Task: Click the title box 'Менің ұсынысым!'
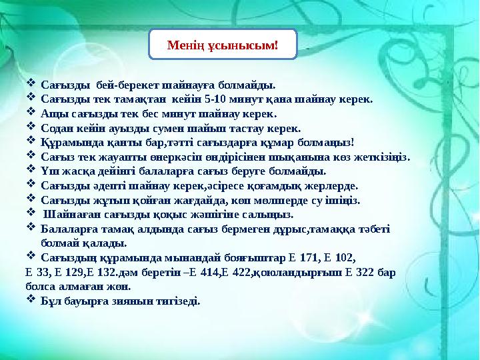coord(222,45)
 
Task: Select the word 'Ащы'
coord(53,113)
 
